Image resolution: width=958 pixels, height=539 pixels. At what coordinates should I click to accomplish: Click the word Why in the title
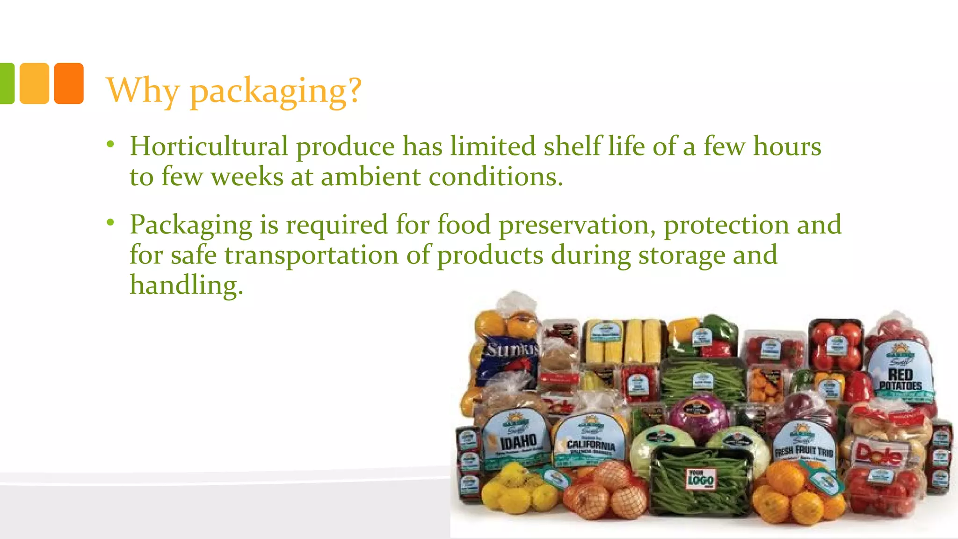pos(143,90)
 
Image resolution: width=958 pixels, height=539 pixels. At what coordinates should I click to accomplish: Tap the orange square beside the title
pos(69,83)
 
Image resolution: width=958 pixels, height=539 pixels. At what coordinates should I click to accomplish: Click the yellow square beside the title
pos(34,83)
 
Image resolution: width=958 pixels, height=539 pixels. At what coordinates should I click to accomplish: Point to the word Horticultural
pos(209,146)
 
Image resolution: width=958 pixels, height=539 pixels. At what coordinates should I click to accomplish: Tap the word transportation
pos(312,255)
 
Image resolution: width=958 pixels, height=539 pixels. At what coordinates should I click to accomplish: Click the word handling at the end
pos(186,285)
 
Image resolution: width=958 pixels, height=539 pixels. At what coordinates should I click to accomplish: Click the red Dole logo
pos(878,454)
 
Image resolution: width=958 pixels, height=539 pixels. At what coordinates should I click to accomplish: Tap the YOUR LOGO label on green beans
pos(700,479)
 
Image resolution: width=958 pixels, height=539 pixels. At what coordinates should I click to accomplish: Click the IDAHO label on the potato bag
pos(518,441)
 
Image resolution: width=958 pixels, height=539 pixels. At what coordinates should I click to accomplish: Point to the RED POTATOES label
pos(900,379)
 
